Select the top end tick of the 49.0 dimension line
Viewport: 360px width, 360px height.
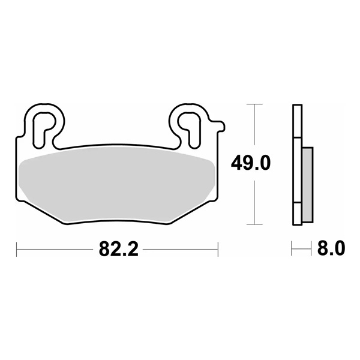(256, 105)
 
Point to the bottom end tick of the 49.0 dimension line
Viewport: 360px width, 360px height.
(256, 224)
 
